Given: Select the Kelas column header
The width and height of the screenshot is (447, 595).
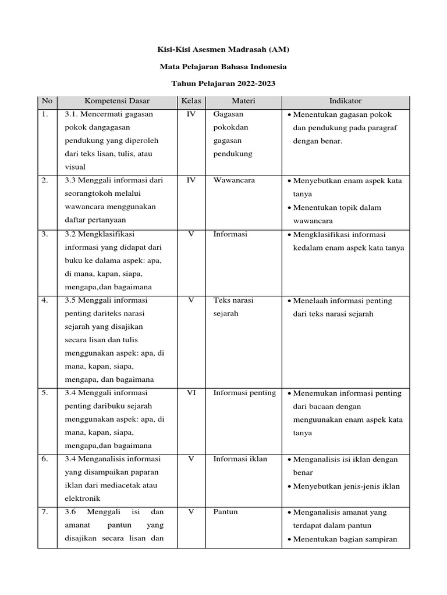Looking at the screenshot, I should (191, 101).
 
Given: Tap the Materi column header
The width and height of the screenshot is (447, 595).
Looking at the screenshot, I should (243, 101).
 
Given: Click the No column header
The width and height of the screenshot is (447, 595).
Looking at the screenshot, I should (47, 101).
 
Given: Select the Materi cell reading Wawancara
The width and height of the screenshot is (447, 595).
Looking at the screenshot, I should (234, 181).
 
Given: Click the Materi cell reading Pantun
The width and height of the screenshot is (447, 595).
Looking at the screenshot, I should (225, 512).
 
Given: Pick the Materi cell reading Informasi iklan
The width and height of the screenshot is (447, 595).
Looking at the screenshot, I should (240, 459).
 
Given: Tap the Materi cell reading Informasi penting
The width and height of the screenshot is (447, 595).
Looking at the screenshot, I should (244, 393).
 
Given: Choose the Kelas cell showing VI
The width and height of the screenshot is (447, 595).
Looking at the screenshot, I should (191, 393).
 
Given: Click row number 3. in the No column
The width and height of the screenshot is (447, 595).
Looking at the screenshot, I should (45, 234).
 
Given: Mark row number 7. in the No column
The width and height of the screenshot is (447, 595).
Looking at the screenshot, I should (45, 512).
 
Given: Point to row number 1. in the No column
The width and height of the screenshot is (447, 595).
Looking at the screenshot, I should (45, 114).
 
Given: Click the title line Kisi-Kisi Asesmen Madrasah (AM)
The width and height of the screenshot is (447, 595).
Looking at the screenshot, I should (223, 51).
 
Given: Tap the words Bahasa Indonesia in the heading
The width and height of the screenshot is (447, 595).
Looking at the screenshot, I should (256, 67).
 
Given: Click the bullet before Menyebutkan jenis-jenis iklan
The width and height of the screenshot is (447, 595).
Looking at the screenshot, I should (289, 486).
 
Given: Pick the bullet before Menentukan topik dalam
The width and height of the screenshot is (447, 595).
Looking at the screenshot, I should (289, 208).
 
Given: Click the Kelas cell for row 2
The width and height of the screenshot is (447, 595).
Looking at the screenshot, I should (191, 181).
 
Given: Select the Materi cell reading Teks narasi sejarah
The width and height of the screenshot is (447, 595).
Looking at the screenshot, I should (233, 307).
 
